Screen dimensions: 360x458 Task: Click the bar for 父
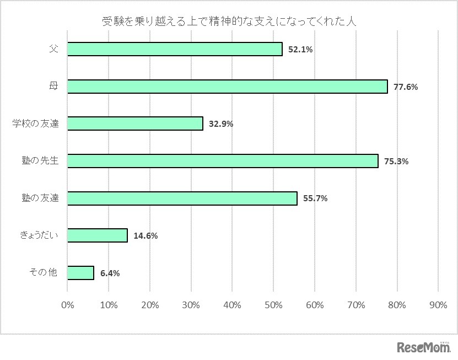click(x=175, y=49)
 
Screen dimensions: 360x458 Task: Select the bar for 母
click(x=227, y=87)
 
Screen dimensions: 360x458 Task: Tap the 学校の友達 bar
click(x=135, y=123)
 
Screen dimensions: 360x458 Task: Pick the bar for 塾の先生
click(x=223, y=161)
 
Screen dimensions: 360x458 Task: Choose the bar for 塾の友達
click(x=182, y=198)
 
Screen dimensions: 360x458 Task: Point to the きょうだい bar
click(x=97, y=235)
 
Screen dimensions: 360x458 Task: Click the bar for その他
click(x=80, y=272)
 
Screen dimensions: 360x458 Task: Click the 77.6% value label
click(x=406, y=87)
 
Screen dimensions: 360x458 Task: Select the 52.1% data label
click(x=300, y=50)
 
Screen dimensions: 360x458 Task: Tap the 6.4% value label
click(x=109, y=273)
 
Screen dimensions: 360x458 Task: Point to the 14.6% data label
click(x=146, y=236)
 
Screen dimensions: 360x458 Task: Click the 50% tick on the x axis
click(x=273, y=305)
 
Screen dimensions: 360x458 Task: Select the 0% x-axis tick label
click(x=67, y=305)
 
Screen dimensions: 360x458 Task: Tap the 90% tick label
click(x=438, y=305)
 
